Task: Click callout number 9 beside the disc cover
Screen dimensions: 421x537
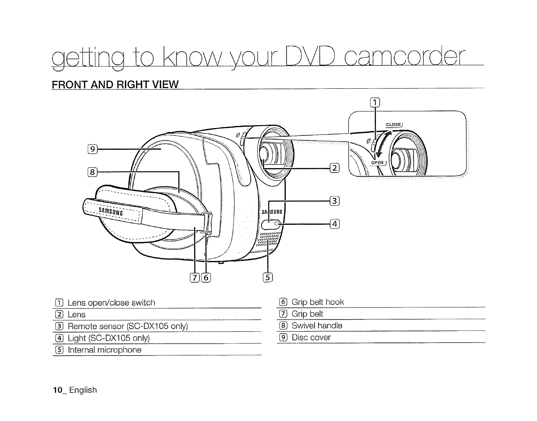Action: [x=92, y=149]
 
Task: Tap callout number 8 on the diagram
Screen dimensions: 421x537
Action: [x=92, y=173]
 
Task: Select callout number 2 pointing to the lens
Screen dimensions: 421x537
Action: [x=334, y=168]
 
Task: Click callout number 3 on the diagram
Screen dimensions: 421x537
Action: [x=334, y=201]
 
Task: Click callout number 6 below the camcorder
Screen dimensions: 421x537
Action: [x=206, y=278]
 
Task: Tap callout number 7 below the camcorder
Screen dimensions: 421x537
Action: [x=195, y=278]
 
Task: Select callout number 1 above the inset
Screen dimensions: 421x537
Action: [x=375, y=102]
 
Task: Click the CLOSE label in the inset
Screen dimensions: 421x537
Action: [x=393, y=125]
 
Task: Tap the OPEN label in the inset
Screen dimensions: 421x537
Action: [x=377, y=163]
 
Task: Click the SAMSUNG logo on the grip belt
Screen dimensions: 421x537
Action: [x=111, y=212]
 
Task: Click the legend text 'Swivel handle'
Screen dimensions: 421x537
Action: [x=317, y=326]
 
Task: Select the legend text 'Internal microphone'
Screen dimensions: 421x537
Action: [x=105, y=350]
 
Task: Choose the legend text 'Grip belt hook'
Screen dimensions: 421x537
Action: [x=318, y=302]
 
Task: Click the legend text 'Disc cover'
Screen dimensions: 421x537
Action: [x=311, y=338]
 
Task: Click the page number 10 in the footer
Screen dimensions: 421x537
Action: [x=56, y=390]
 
